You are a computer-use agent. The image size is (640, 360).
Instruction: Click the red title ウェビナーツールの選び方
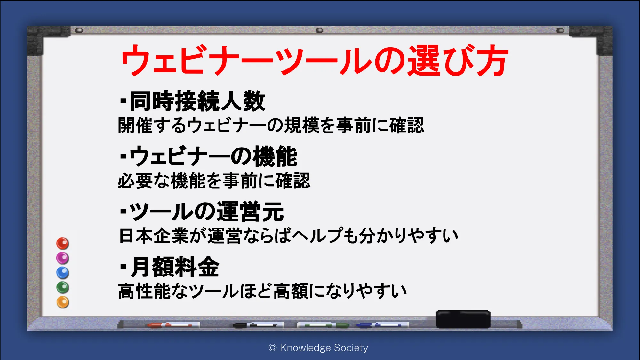tap(315, 60)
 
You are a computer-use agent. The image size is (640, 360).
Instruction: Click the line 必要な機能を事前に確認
tap(214, 181)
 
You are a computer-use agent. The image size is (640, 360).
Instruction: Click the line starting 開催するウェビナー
tap(271, 125)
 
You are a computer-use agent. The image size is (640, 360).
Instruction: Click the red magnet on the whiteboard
tap(63, 244)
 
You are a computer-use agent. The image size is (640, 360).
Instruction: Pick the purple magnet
tap(63, 258)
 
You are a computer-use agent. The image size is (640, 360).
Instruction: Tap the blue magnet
tap(63, 273)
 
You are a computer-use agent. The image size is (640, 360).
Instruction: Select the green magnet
tap(63, 287)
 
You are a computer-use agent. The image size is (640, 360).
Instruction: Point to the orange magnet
tap(63, 302)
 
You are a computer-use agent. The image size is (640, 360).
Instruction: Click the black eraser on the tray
tap(463, 319)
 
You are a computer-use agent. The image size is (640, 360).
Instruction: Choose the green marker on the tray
tap(323, 325)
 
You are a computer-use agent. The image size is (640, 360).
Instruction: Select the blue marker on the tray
tap(383, 325)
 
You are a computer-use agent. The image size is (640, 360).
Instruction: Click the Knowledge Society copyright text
tap(318, 348)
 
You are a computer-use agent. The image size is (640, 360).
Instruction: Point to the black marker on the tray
tap(259, 325)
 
